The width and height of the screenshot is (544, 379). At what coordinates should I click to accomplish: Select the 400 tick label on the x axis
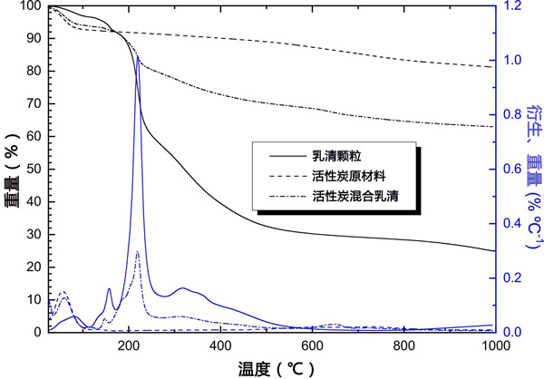pos(219,345)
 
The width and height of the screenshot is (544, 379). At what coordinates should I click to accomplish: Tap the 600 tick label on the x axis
pos(311,345)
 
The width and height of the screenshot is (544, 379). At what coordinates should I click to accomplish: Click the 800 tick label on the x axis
pos(403,345)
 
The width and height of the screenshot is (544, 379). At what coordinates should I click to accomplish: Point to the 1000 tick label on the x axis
pos(491,345)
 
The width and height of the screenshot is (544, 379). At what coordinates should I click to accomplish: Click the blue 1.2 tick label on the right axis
pos(512,6)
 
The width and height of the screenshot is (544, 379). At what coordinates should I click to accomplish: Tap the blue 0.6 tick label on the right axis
pos(512,170)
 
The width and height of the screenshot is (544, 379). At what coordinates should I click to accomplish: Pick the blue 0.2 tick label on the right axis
pos(512,278)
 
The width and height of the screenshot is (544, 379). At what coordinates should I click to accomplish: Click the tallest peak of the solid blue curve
pos(138,58)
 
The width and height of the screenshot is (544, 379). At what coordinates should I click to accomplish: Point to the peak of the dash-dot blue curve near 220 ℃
pos(137,252)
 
